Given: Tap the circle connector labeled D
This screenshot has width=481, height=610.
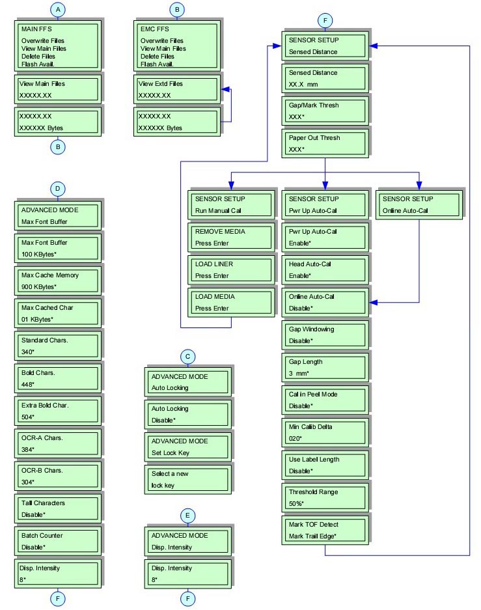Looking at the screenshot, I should pos(59,189).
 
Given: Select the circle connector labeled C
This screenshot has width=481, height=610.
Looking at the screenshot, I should pos(187,356).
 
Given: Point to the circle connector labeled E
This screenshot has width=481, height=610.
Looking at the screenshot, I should pos(187,515).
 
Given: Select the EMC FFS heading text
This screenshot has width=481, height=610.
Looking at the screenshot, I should pos(155,29).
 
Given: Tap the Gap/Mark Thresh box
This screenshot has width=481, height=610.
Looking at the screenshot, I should pos(323,111).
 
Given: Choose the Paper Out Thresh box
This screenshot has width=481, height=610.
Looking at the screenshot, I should pos(323,143).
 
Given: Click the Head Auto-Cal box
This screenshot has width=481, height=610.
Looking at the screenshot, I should pos(323,270).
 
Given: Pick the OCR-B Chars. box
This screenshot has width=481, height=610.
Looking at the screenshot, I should pos(57,477).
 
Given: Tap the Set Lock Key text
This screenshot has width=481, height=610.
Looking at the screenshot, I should pos(170,453).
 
